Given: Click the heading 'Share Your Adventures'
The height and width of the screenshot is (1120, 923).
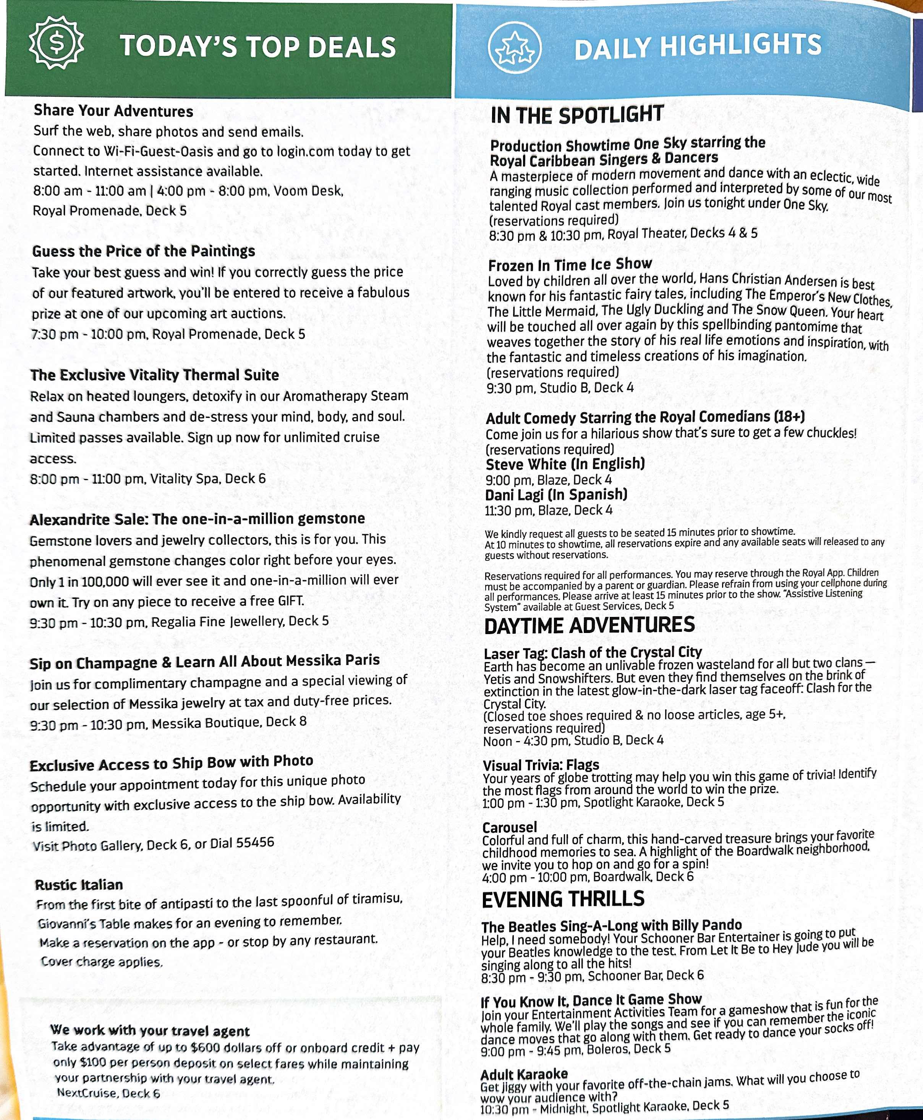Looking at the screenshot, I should point(113,111).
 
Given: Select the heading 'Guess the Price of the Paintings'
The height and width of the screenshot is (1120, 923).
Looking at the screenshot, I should point(144,251).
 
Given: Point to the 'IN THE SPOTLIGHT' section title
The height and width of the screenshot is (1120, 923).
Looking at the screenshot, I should point(577,115).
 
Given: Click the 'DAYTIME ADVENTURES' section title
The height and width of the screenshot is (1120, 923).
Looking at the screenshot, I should point(589,626).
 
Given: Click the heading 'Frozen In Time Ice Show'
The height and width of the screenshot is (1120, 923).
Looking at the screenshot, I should point(570,265).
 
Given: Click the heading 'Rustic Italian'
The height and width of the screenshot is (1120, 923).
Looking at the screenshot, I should point(79,885).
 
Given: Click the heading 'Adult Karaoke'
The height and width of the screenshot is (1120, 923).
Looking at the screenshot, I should point(524,1074).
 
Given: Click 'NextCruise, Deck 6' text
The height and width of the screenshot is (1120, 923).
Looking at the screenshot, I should point(108,1093).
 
